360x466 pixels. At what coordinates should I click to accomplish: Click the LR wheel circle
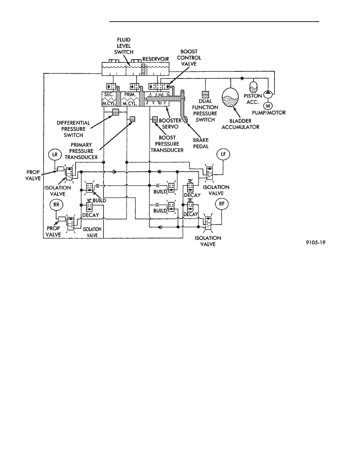click(x=55, y=155)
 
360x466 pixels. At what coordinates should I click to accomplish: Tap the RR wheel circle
click(x=56, y=204)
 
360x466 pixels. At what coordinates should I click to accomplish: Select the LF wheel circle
click(x=224, y=154)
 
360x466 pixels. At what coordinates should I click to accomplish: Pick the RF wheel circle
click(x=222, y=204)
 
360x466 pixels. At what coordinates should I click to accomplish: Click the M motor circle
click(x=268, y=105)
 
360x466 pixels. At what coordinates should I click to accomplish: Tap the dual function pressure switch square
click(x=205, y=94)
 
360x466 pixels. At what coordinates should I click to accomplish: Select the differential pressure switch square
click(x=115, y=112)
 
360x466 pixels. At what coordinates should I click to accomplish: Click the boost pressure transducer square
click(x=155, y=120)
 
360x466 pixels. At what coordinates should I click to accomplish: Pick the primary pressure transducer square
click(x=133, y=119)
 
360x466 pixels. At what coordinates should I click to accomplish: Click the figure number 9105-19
click(x=316, y=242)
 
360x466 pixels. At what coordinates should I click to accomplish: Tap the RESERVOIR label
click(x=155, y=59)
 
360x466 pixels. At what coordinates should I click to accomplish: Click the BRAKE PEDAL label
click(x=201, y=143)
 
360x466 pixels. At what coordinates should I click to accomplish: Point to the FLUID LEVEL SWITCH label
click(x=124, y=46)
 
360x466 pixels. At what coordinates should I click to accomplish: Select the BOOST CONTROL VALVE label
click(x=189, y=58)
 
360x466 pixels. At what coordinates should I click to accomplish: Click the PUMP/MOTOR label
click(x=269, y=113)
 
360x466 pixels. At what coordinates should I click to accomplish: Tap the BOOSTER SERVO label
click(x=170, y=123)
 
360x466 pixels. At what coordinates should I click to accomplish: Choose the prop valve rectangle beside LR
click(x=61, y=169)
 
